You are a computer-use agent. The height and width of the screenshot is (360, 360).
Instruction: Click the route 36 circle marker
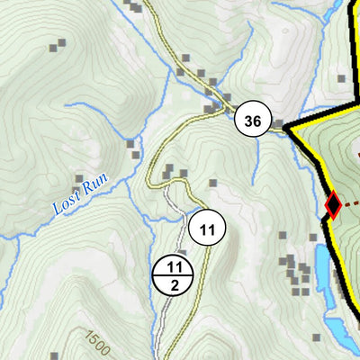coord(254,120)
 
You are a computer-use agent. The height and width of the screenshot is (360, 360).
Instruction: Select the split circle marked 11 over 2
coord(175,275)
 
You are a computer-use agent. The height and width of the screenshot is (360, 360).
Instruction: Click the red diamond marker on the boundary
coord(332,205)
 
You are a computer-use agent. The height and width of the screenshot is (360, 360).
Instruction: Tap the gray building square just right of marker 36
coord(279,124)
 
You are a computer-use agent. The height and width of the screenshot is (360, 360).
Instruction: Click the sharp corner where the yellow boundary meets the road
coord(286,129)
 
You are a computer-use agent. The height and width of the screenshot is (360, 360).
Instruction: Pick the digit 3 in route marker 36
coord(248,120)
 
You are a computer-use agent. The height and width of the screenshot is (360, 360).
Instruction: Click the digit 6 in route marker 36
coord(258,120)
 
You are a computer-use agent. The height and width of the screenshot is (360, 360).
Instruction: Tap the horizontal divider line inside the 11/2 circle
coord(175,275)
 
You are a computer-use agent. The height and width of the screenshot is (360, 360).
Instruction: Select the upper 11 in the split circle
coord(175,266)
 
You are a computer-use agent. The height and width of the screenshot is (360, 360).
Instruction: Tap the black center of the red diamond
coord(332,205)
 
